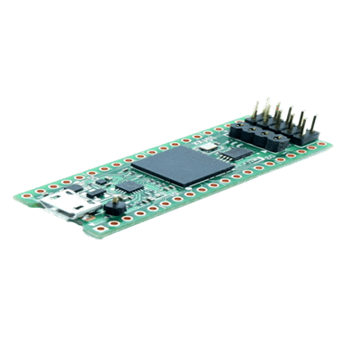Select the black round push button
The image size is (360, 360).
(115, 209)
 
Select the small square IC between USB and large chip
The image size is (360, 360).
(131, 184)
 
